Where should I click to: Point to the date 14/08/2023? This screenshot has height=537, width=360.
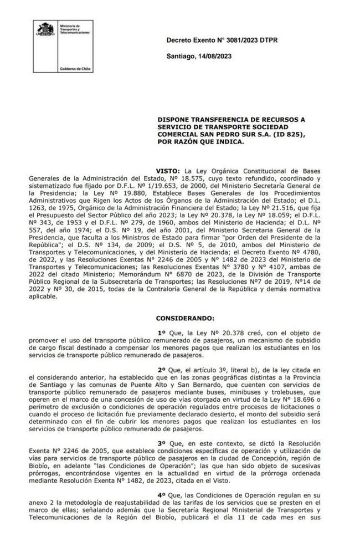pyautogui.click(x=213, y=56)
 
